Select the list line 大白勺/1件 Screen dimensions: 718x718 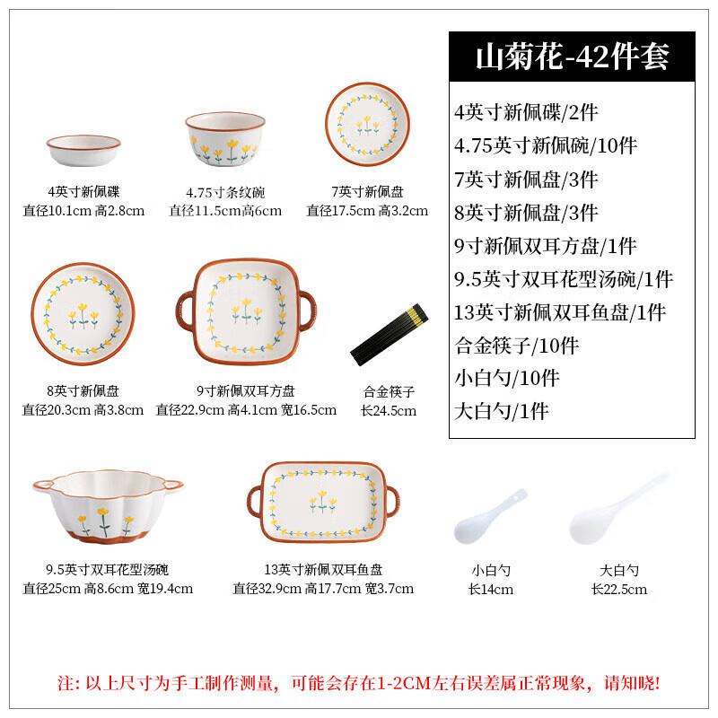[501, 412]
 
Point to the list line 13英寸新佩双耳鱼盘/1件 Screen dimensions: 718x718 [560, 312]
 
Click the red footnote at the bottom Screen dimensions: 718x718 [359, 683]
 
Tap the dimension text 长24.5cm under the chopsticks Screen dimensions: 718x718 [389, 411]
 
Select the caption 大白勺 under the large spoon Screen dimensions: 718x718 [618, 570]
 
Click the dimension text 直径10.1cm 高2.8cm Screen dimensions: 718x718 [82, 211]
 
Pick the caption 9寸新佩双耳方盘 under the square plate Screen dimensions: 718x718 [246, 391]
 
